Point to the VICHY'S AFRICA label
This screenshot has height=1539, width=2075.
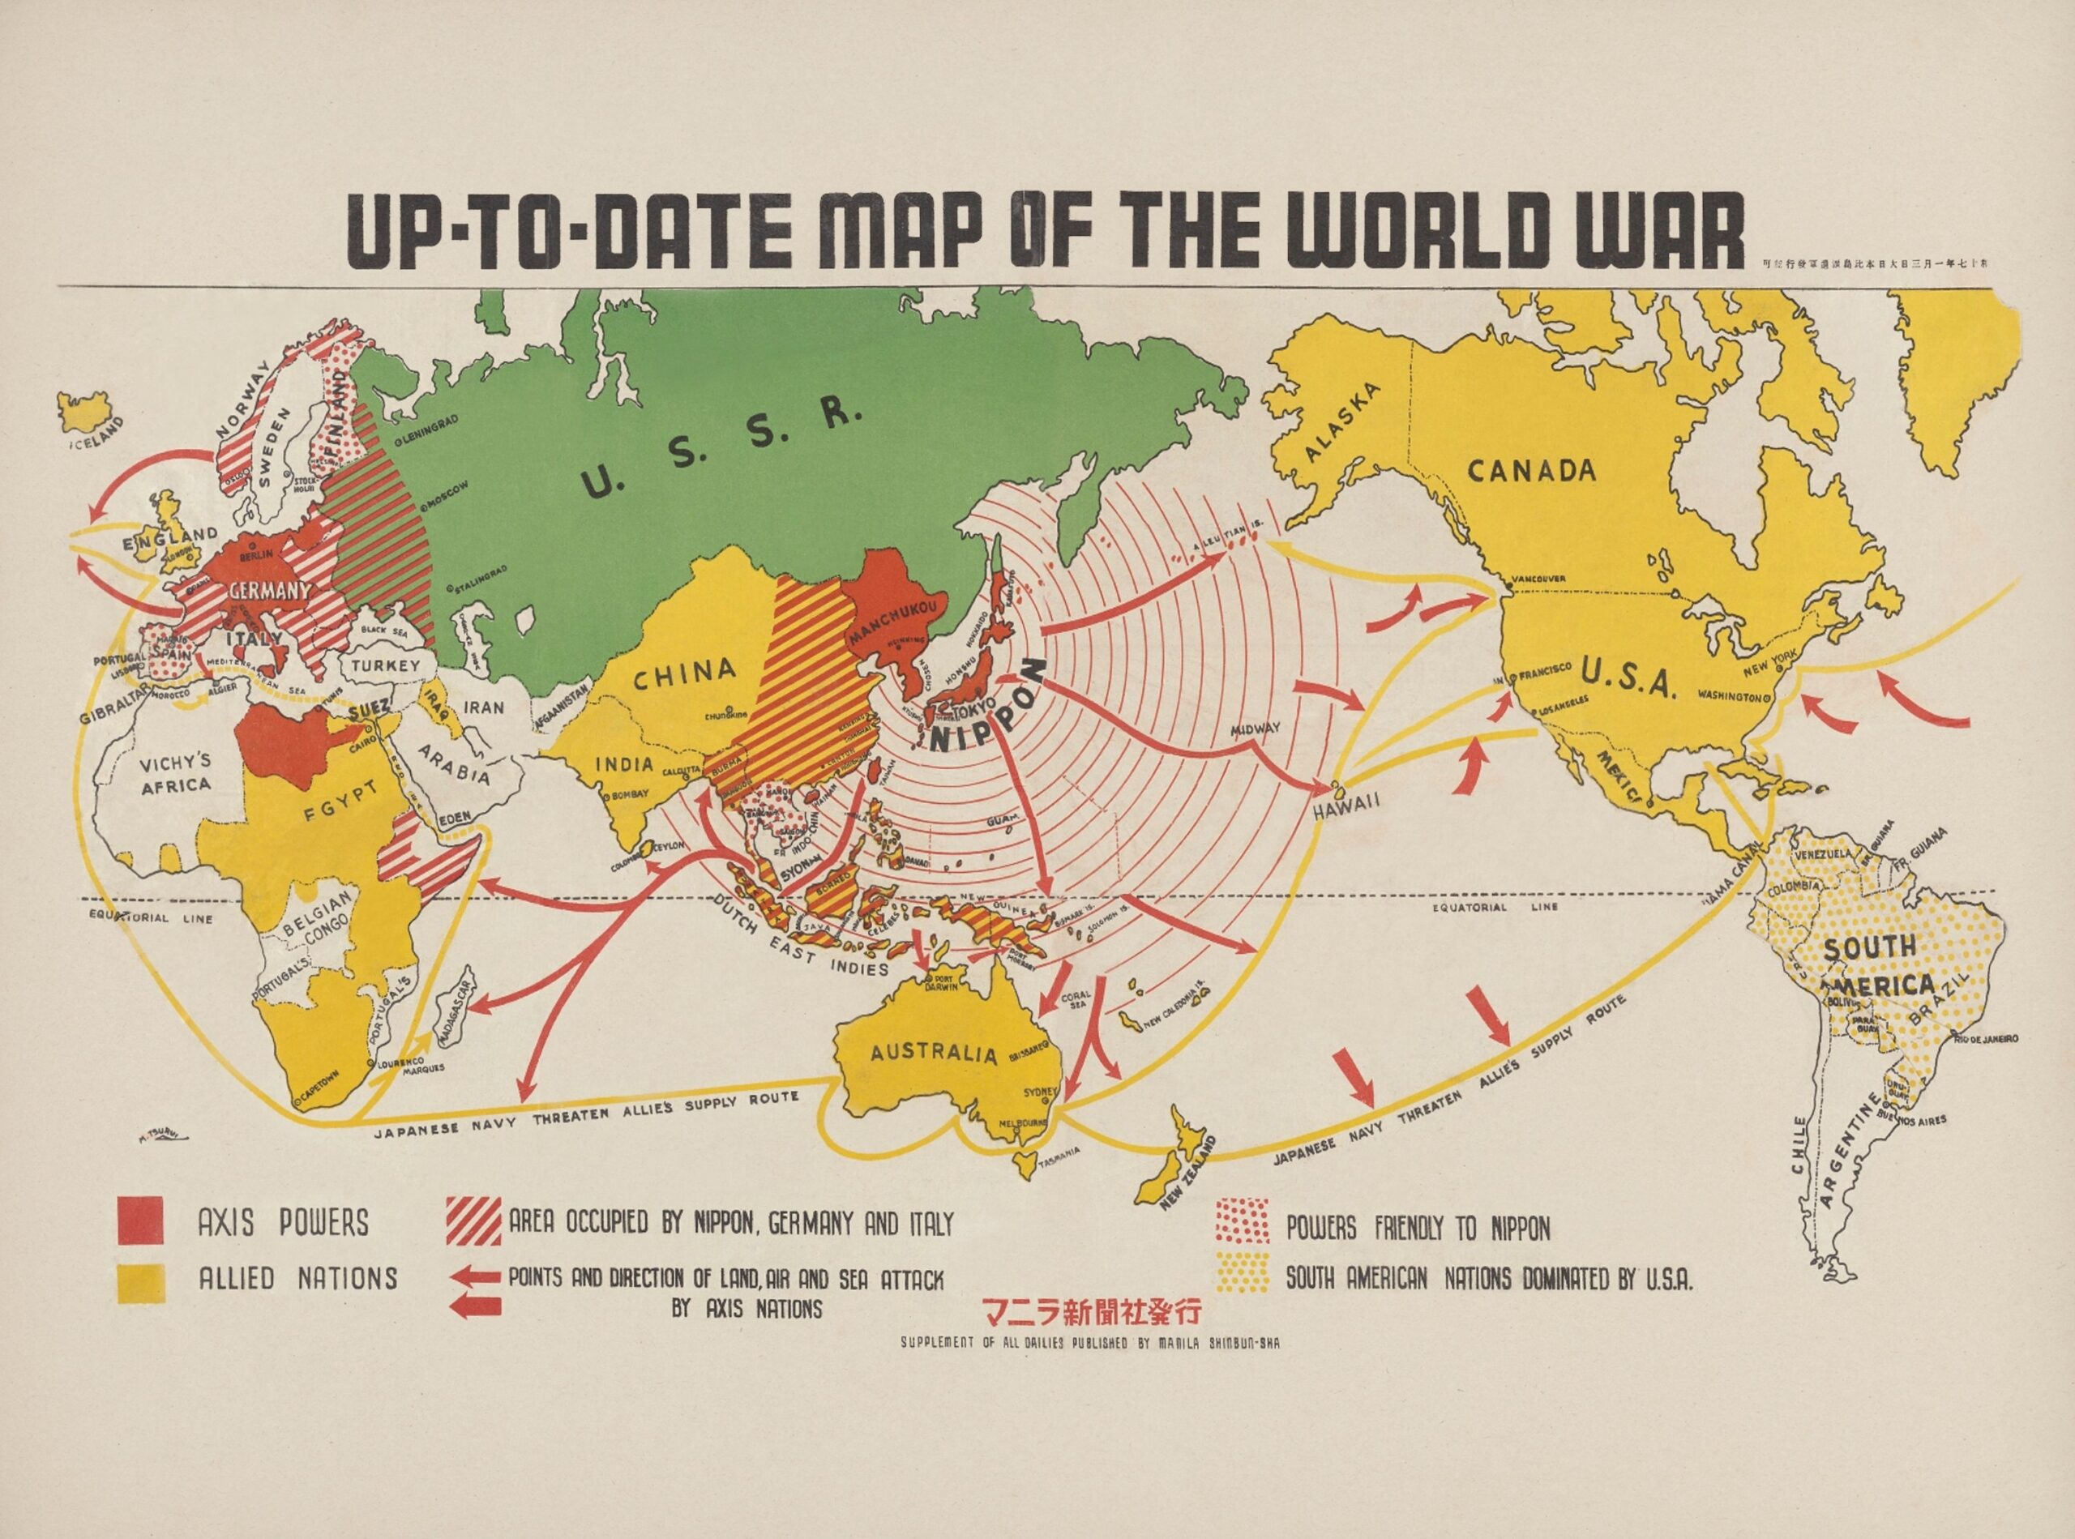pos(175,773)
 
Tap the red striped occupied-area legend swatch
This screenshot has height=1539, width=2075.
pos(474,1221)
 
